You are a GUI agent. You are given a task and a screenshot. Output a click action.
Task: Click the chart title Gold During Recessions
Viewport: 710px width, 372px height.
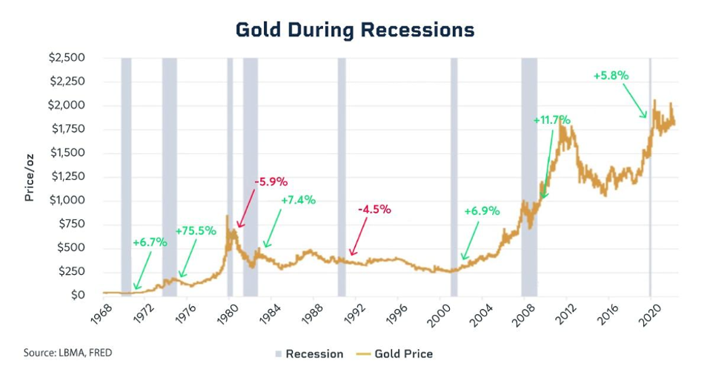coord(355,30)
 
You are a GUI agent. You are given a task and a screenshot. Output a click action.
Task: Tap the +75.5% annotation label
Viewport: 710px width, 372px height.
coord(196,231)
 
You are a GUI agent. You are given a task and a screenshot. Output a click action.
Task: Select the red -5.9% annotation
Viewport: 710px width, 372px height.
coord(271,182)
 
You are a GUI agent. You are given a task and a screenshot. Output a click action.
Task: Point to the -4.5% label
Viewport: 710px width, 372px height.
coord(374,209)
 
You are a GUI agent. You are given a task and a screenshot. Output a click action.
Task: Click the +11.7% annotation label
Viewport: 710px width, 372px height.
coord(551,119)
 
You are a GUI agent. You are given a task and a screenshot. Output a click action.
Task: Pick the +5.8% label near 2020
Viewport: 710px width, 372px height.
coord(611,76)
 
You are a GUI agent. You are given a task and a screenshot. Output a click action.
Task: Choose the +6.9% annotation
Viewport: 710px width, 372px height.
coord(482,211)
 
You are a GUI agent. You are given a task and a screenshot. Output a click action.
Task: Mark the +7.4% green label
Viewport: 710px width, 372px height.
coord(298,200)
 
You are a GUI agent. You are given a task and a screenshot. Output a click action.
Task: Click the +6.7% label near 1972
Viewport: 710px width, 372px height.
coord(151,242)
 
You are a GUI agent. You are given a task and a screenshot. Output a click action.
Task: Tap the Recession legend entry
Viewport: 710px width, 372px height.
coord(308,353)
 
